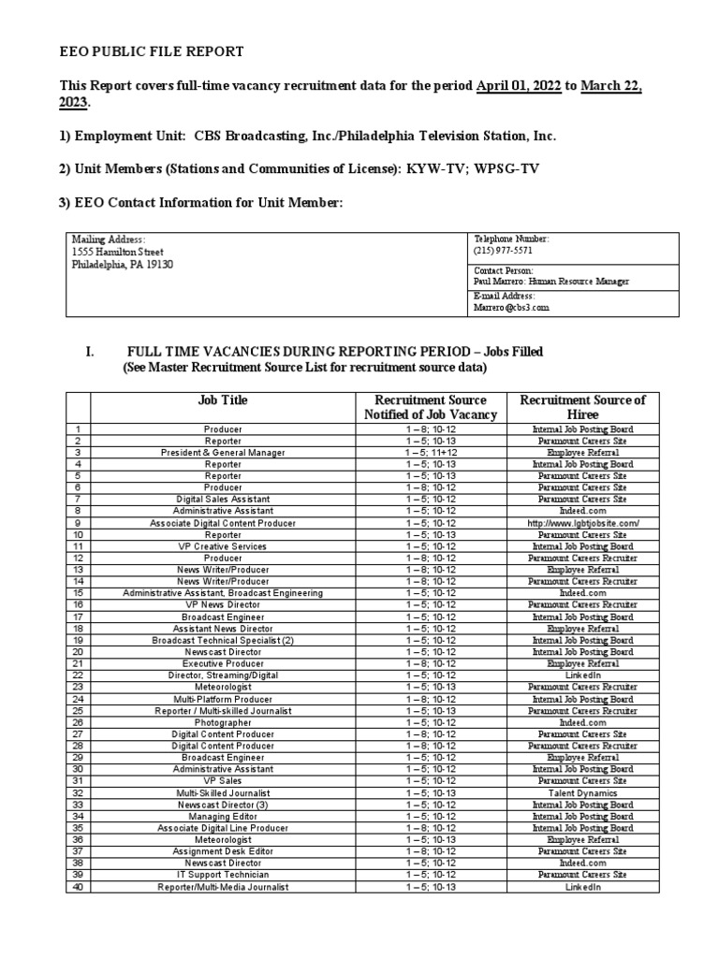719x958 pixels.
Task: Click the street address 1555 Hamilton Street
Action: pyautogui.click(x=118, y=252)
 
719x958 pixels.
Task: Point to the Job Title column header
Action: pyautogui.click(x=223, y=400)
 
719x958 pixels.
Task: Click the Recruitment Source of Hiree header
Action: pyautogui.click(x=582, y=407)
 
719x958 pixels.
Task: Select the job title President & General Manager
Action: pyautogui.click(x=223, y=452)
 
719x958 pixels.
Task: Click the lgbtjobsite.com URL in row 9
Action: pyautogui.click(x=582, y=523)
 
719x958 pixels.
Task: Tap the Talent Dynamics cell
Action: pyautogui.click(x=582, y=792)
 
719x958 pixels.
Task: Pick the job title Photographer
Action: pyautogui.click(x=223, y=722)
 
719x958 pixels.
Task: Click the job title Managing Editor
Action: pyautogui.click(x=223, y=816)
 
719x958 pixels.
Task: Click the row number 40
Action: pyautogui.click(x=78, y=887)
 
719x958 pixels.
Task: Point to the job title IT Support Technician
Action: pyautogui.click(x=223, y=875)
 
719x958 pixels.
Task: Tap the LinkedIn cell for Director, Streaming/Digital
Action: pyautogui.click(x=582, y=675)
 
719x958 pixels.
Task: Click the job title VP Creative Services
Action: pyautogui.click(x=223, y=546)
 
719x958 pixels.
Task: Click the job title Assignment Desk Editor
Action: pyautogui.click(x=223, y=851)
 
